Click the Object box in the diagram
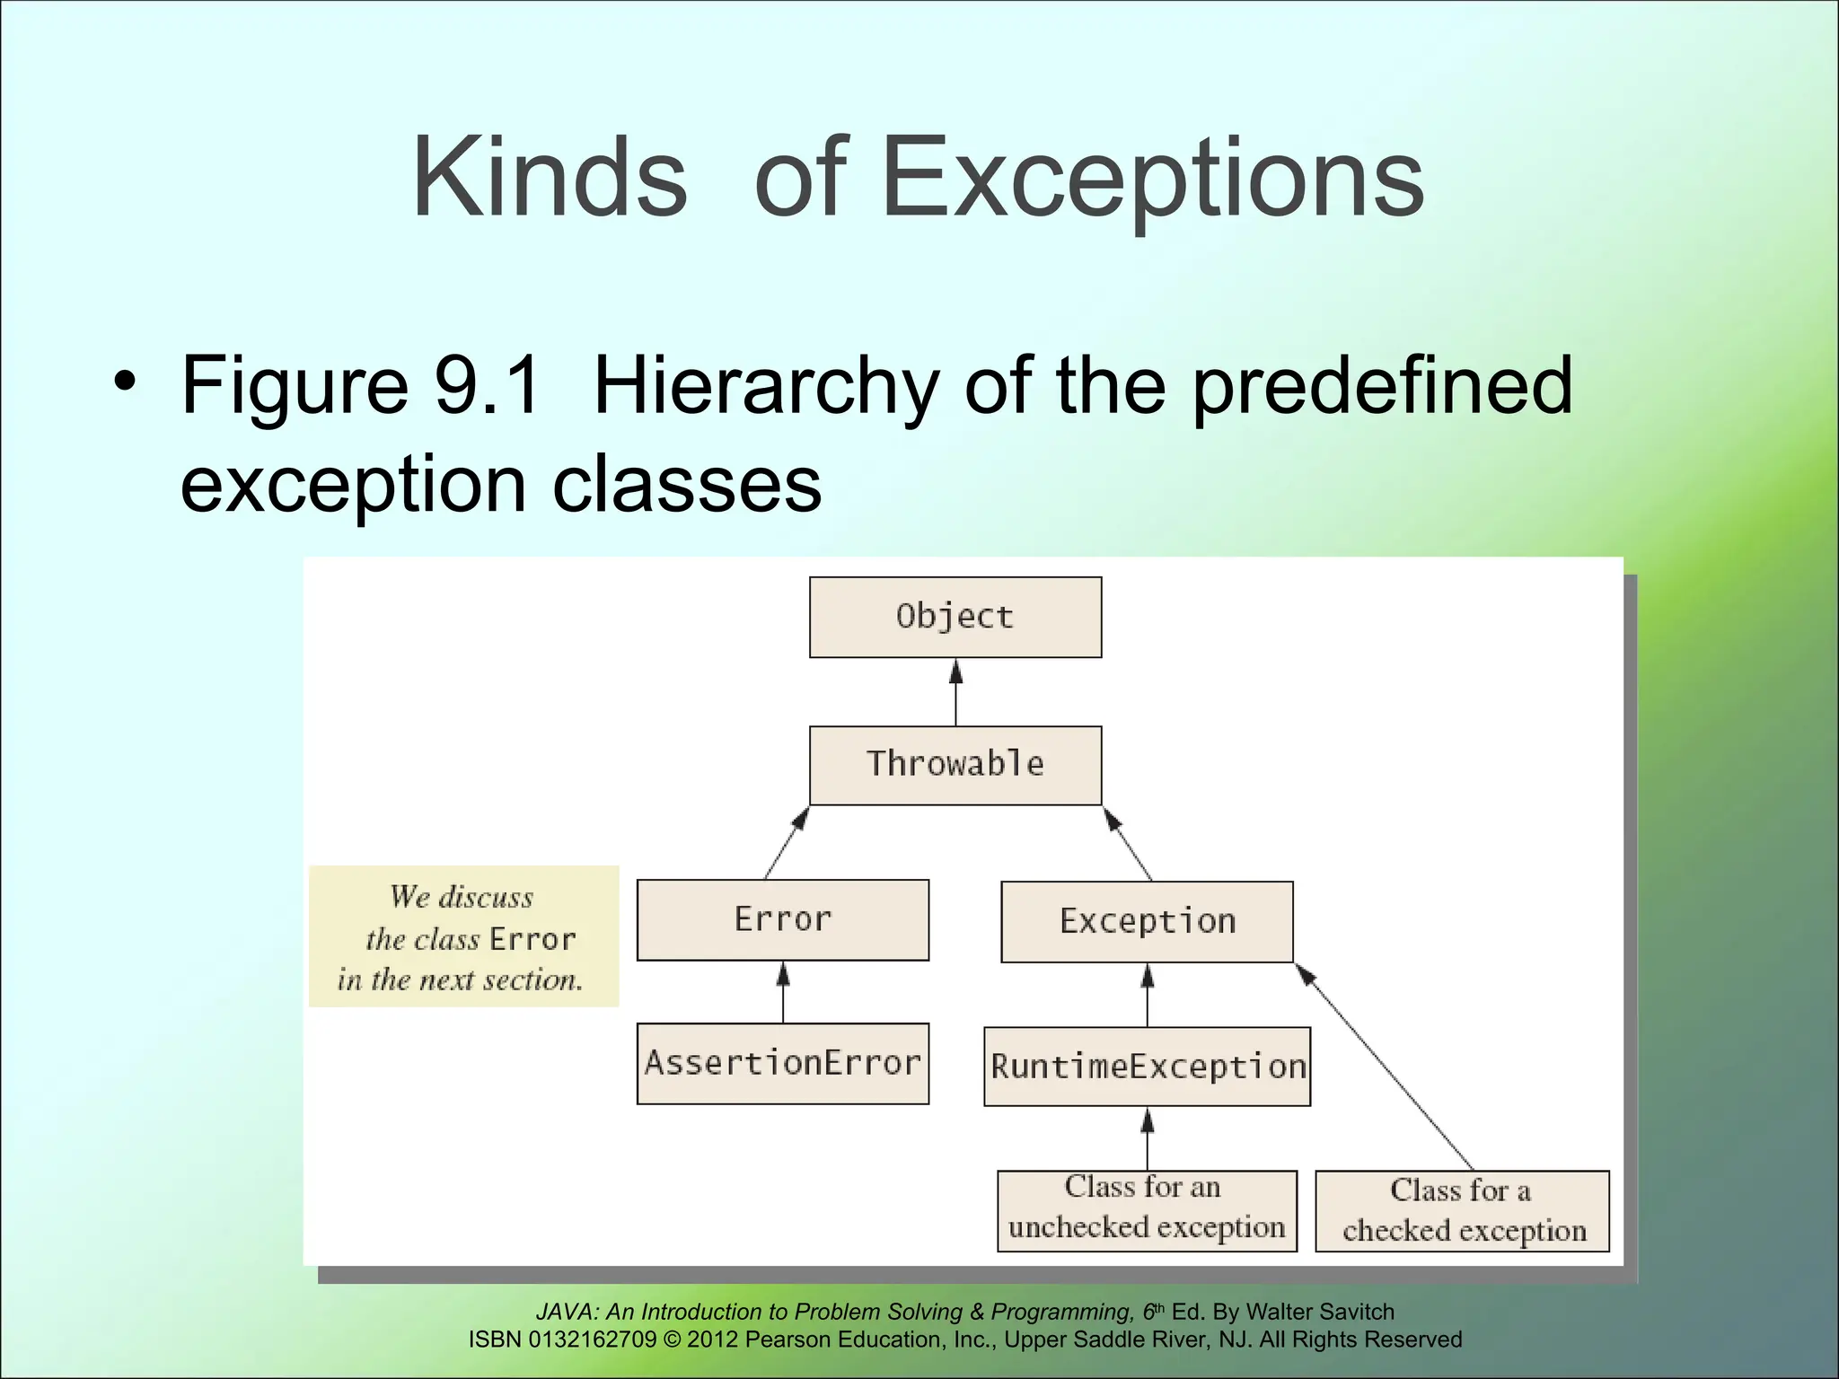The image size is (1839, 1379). coord(955,617)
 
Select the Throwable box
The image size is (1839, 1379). coord(955,765)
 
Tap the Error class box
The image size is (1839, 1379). coord(782,919)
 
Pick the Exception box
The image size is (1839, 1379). coord(1147,921)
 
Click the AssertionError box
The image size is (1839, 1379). coord(782,1063)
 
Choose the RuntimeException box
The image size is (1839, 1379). coord(1147,1067)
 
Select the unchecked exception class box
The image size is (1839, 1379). coord(1147,1209)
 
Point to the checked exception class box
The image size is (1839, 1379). coord(1462,1210)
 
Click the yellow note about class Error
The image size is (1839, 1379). coord(463,936)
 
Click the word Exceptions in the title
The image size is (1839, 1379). coord(1153,178)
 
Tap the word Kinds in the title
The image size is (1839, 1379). coord(549,178)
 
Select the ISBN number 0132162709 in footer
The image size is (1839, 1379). coord(593,1339)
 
